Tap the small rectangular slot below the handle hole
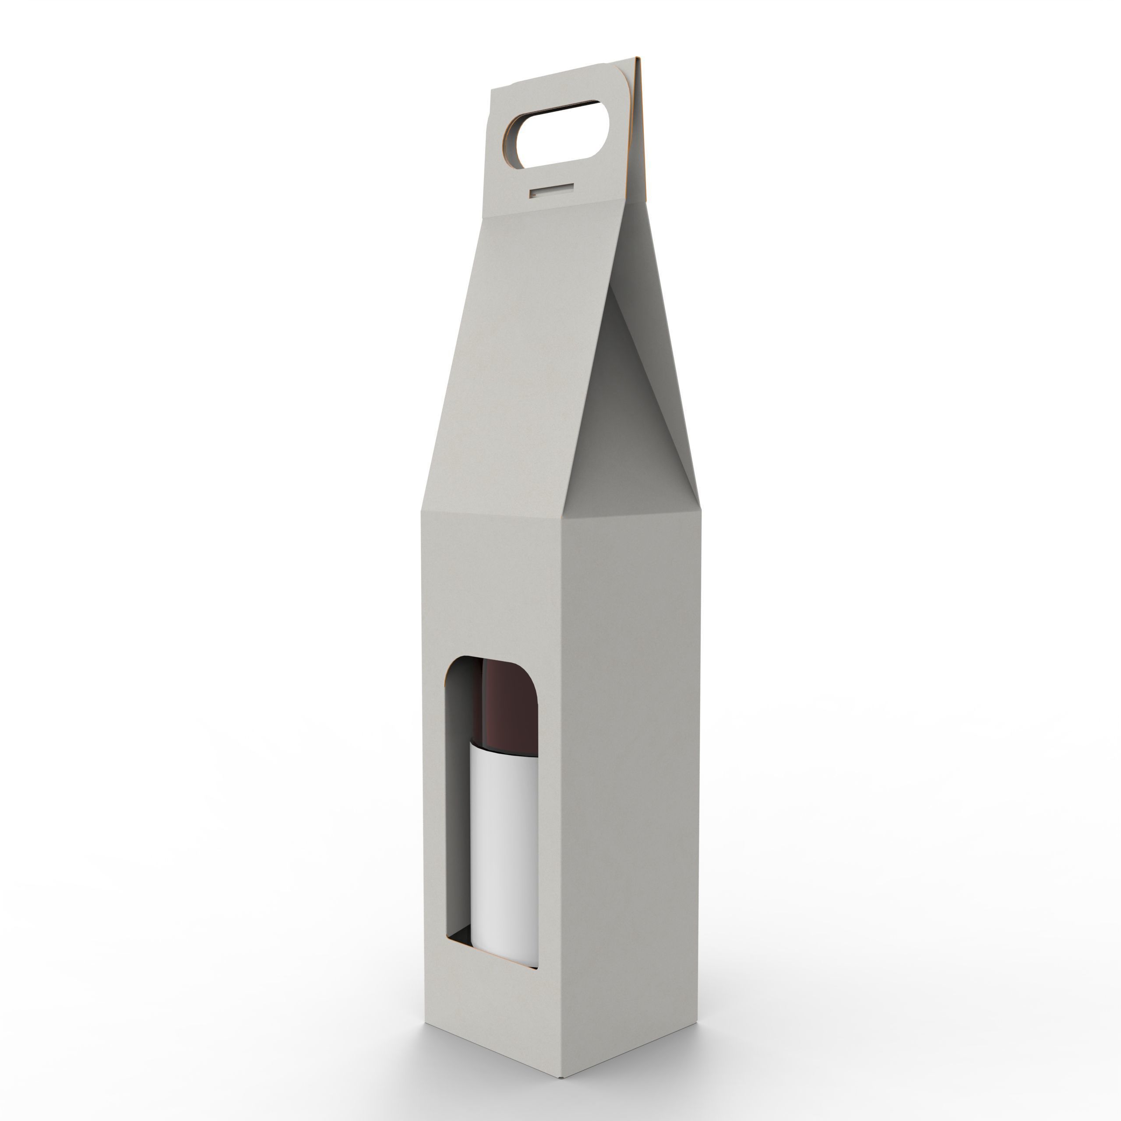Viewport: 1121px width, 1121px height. (x=551, y=190)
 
